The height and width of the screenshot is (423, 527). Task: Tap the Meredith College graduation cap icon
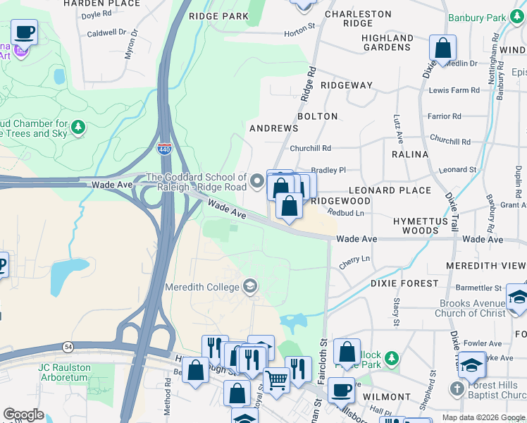click(249, 286)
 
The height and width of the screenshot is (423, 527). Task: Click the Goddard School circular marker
click(257, 182)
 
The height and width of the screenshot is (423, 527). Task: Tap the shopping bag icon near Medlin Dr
click(443, 49)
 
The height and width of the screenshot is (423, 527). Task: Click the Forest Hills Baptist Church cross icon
click(457, 389)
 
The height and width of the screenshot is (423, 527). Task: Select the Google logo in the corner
click(23, 415)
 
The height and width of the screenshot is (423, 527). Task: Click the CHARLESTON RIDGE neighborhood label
click(357, 18)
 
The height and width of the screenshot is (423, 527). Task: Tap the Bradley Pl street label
click(329, 170)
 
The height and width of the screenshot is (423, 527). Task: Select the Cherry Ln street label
click(354, 259)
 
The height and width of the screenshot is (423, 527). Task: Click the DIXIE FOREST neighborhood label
click(399, 283)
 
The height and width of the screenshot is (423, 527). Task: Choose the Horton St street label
click(299, 32)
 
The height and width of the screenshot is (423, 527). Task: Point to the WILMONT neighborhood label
click(387, 397)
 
